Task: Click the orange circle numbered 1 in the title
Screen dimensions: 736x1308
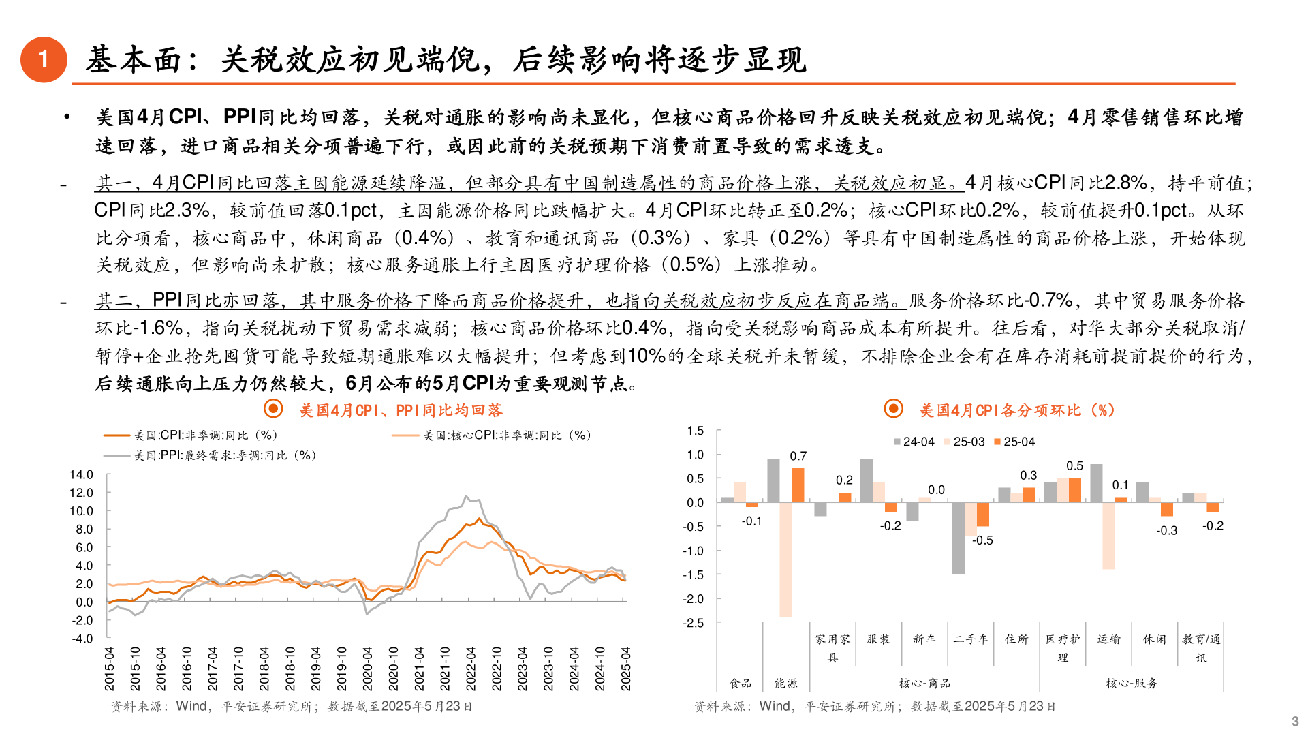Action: tap(44, 60)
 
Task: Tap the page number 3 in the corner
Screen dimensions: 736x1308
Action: tap(1294, 721)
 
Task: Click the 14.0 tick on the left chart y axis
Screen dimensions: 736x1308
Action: tap(81, 474)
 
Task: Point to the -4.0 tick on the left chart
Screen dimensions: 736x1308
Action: tap(82, 639)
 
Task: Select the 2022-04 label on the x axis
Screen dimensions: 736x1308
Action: tap(471, 669)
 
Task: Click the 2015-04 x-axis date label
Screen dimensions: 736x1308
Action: tap(110, 669)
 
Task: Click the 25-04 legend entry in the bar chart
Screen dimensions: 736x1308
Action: tap(1014, 442)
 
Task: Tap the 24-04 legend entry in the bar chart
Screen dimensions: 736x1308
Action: tap(914, 442)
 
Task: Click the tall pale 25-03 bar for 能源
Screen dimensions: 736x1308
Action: tap(785, 559)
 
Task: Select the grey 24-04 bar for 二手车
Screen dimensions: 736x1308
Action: tap(959, 538)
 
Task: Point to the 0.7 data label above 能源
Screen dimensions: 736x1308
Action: tap(798, 456)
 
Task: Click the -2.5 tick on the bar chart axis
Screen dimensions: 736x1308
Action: tap(694, 623)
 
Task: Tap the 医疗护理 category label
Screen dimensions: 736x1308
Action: tap(1063, 647)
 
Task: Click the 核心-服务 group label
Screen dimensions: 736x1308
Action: tap(1132, 683)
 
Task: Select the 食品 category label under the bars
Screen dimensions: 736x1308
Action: tap(740, 683)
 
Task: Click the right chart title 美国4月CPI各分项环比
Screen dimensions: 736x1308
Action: tap(1016, 410)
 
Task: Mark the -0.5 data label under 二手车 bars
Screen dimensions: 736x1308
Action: tap(982, 540)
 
